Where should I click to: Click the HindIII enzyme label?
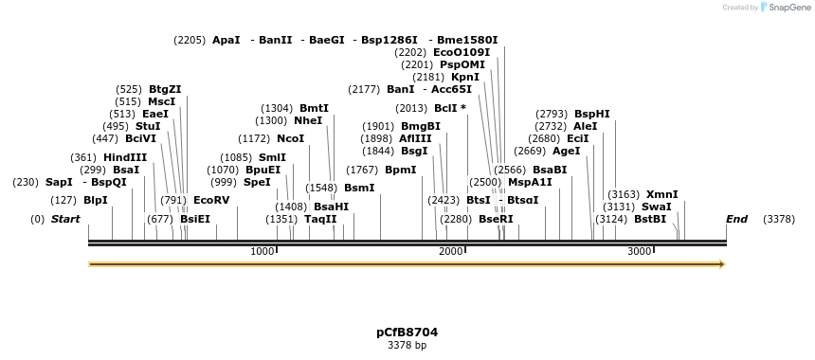(x=125, y=157)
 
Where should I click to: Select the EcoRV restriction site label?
(x=211, y=200)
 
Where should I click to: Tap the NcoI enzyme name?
(x=291, y=138)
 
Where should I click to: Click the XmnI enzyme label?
(x=662, y=194)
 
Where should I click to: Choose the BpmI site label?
(x=400, y=170)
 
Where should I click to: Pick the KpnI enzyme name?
(x=465, y=77)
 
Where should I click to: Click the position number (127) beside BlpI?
(x=63, y=200)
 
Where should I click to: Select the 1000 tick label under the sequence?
(x=262, y=251)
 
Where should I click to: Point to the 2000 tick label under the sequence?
(x=450, y=251)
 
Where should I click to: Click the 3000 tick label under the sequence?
(x=640, y=251)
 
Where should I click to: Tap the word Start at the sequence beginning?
(x=65, y=219)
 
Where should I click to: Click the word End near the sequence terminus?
(x=736, y=219)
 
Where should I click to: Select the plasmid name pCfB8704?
(x=407, y=333)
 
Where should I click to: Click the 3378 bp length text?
(x=407, y=346)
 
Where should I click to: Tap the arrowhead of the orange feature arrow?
(x=722, y=264)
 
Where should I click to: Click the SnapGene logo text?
(x=790, y=8)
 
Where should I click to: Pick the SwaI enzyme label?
(x=656, y=207)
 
